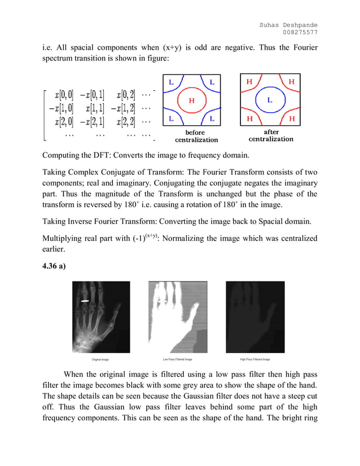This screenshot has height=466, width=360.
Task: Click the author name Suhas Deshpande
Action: tap(288, 24)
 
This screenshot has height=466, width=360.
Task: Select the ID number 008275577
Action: tap(300, 32)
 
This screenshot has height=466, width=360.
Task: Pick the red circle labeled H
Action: tap(191, 100)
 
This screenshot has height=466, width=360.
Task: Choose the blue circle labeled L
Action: tap(269, 100)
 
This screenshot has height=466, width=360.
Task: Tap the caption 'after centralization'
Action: tap(271, 135)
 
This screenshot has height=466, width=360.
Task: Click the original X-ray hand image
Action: tap(101, 317)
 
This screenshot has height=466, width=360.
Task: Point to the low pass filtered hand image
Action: tap(178, 317)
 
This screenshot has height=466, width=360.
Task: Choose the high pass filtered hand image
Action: tap(255, 317)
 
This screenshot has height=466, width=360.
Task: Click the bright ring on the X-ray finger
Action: tap(85, 301)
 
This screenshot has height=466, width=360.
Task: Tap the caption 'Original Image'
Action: tap(101, 359)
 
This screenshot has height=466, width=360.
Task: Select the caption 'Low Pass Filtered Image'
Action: tap(178, 359)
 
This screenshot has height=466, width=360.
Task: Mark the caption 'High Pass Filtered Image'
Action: tap(255, 359)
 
